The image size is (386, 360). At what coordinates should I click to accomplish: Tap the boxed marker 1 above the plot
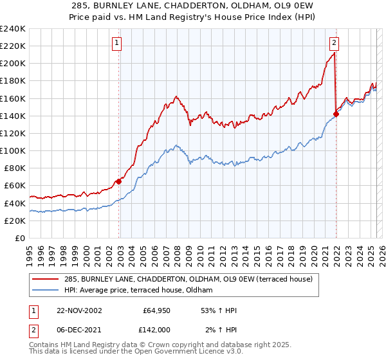pos(117,44)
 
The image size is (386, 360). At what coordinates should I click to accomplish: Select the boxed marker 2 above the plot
pos(335,44)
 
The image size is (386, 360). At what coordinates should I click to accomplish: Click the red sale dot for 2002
pos(119,181)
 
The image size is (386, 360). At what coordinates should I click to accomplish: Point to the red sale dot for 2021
pos(336,114)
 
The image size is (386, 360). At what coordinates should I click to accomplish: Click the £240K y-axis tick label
pos(12,29)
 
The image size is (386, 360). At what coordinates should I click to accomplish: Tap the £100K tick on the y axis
pos(12,150)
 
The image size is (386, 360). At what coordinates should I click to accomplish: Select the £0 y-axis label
pos(19,238)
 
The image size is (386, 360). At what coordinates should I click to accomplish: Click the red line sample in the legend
pos(46,279)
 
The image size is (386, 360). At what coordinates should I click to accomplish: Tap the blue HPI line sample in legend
pos(46,290)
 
